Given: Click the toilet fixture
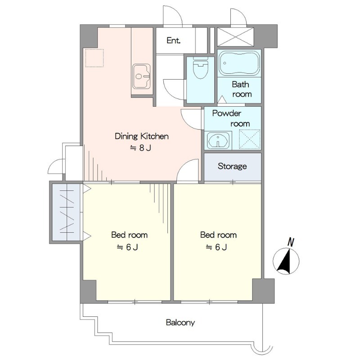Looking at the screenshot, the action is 200,68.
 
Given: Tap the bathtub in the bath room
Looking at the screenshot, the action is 239,63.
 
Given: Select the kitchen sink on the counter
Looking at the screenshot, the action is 141,76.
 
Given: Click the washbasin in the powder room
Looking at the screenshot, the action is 218,140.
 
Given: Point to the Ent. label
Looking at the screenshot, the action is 173,40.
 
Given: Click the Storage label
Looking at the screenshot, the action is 232,166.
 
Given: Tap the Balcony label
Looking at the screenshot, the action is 180,323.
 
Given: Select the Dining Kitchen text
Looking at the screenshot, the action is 142,136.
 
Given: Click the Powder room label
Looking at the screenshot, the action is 231,118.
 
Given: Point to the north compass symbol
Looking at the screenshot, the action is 286,261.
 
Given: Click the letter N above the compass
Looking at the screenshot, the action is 291,243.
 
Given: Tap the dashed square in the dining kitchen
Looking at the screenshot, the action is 94,58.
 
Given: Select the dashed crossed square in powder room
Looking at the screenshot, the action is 250,139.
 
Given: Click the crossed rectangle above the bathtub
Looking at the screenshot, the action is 235,37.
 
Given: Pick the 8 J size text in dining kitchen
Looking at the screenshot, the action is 140,148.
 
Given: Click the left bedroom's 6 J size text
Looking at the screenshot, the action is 127,247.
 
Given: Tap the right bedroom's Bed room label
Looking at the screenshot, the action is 218,235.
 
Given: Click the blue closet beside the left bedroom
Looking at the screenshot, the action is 66,211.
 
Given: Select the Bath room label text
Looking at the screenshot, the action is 241,89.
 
